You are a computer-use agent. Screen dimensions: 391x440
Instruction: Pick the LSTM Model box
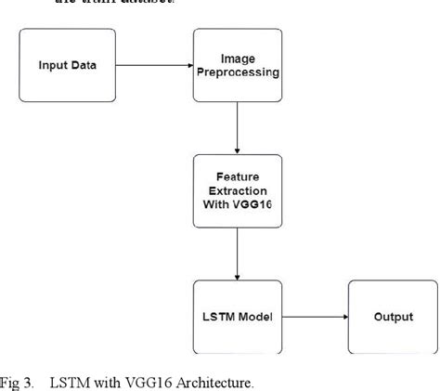click(239, 317)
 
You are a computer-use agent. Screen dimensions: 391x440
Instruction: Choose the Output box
click(393, 317)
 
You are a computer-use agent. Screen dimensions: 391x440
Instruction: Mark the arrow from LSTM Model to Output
click(316, 317)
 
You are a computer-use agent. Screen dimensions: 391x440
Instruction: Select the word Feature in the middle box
click(239, 175)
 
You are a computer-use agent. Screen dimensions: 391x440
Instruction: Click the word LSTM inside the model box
click(220, 317)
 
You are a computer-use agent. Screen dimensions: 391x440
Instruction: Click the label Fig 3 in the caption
click(17, 381)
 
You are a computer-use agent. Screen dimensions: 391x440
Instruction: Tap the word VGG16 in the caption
click(144, 381)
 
